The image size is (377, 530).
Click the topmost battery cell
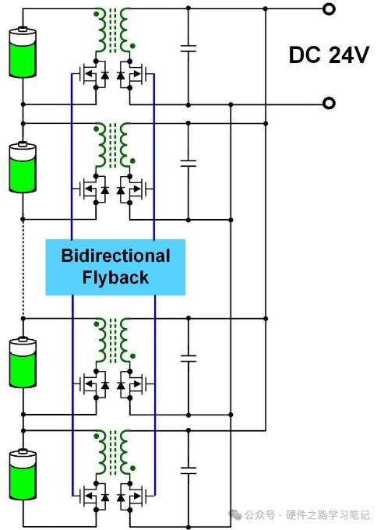click(x=23, y=52)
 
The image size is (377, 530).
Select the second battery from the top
click(x=23, y=168)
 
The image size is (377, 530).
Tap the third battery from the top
click(x=23, y=362)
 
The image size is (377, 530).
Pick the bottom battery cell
click(x=23, y=474)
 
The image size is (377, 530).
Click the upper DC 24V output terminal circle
click(x=329, y=9)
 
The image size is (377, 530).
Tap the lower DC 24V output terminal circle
click(x=329, y=103)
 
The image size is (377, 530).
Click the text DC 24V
click(x=329, y=55)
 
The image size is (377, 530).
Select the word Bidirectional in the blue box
click(x=115, y=256)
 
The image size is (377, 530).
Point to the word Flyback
click(x=115, y=277)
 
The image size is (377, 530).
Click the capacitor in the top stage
click(x=188, y=48)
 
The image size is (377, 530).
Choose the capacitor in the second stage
click(x=188, y=163)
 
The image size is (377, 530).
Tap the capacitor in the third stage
click(x=188, y=359)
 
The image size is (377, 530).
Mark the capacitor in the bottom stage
click(x=188, y=471)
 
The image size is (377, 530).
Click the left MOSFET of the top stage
click(x=93, y=74)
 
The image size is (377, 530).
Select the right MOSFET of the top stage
click(x=132, y=74)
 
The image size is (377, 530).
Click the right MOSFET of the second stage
click(x=132, y=189)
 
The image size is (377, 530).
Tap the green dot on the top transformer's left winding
click(x=97, y=14)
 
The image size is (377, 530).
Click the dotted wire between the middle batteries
click(x=23, y=269)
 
